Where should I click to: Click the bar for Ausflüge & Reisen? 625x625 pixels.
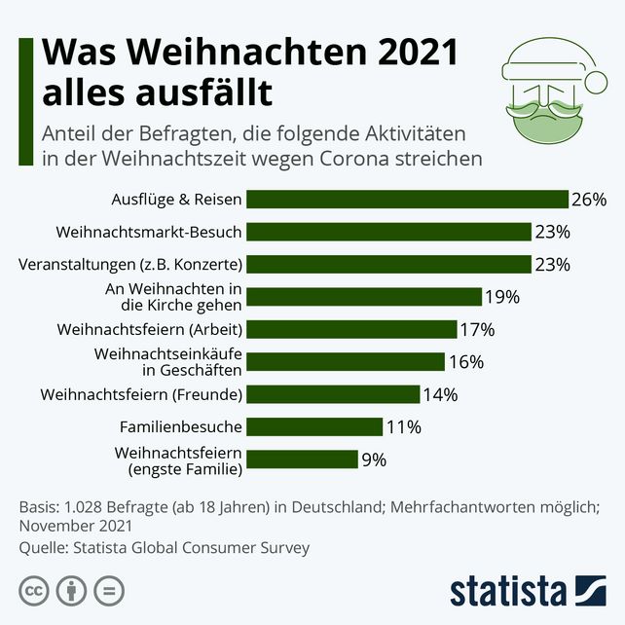tap(407, 199)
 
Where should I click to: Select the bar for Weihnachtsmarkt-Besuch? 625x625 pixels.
tap(388, 232)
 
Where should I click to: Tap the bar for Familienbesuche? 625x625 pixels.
tap(313, 426)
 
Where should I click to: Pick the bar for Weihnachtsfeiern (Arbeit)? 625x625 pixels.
tap(351, 329)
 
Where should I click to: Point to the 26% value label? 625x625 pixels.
tap(589, 199)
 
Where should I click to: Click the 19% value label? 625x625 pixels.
tap(502, 297)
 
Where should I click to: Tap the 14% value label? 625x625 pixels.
tap(440, 394)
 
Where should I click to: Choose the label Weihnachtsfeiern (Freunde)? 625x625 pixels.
tap(141, 394)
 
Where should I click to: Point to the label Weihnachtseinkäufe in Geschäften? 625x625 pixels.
tap(167, 361)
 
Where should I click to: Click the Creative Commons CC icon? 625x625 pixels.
tap(35, 590)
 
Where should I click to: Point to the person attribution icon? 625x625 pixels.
tap(72, 590)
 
